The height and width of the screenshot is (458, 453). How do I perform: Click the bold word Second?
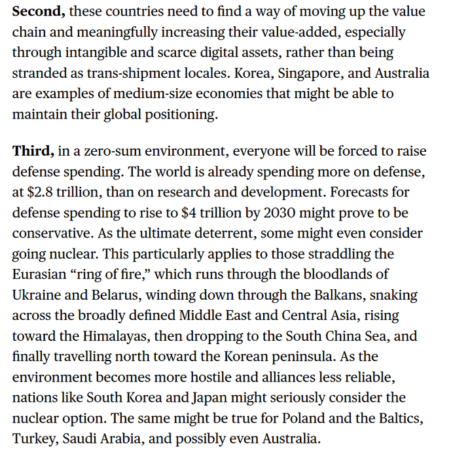[38, 11]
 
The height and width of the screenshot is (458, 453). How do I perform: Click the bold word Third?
[33, 151]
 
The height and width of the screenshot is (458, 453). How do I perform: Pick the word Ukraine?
[36, 294]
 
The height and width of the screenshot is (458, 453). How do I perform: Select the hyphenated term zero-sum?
[111, 151]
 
